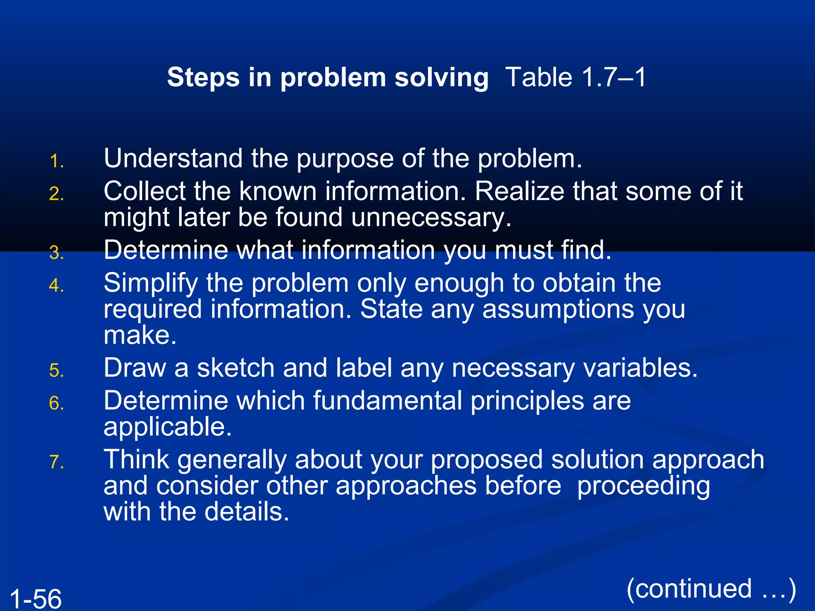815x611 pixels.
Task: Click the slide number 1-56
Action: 35,598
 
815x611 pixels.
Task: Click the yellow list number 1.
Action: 57,162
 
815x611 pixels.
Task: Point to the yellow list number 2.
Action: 57,194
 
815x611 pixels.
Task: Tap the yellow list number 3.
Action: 57,253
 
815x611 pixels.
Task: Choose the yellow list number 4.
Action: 57,286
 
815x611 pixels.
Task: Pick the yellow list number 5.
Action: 57,371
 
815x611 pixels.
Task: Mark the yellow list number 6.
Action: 57,403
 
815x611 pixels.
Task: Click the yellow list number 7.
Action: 57,462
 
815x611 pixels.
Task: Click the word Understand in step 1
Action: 173,158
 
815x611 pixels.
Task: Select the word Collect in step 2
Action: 144,191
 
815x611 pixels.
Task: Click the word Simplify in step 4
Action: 150,283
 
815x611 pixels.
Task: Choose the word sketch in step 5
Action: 236,368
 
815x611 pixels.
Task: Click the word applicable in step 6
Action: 167,427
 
